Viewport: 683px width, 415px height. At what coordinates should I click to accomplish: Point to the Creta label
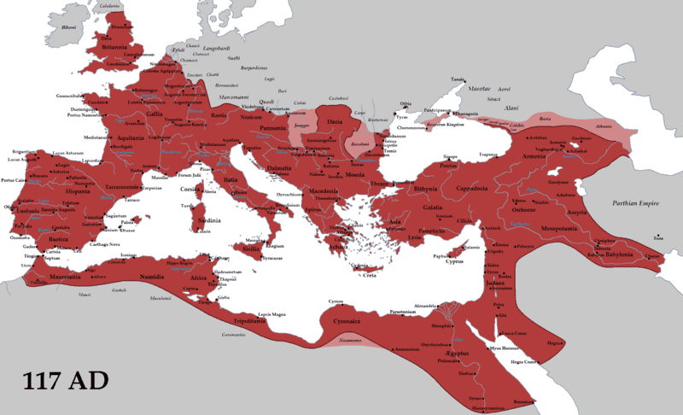click(x=368, y=275)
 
